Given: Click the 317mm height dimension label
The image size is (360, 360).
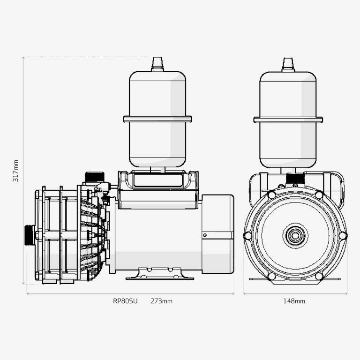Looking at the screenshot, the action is [15, 171].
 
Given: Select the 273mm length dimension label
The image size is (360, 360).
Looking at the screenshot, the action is [161, 301].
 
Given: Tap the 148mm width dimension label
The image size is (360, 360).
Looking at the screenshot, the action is [294, 301].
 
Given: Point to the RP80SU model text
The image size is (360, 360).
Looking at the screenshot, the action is [125, 301].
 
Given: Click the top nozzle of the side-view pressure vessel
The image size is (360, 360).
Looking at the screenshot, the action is [157, 64].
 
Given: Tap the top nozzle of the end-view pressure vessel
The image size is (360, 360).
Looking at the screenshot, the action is [288, 65].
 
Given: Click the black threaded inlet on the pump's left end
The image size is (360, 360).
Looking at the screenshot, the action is [29, 235].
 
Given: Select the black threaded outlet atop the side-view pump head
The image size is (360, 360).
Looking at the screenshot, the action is [95, 177].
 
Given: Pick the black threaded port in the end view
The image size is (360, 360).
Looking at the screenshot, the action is [295, 179].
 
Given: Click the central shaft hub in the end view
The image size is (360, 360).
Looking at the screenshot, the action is [295, 236].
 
